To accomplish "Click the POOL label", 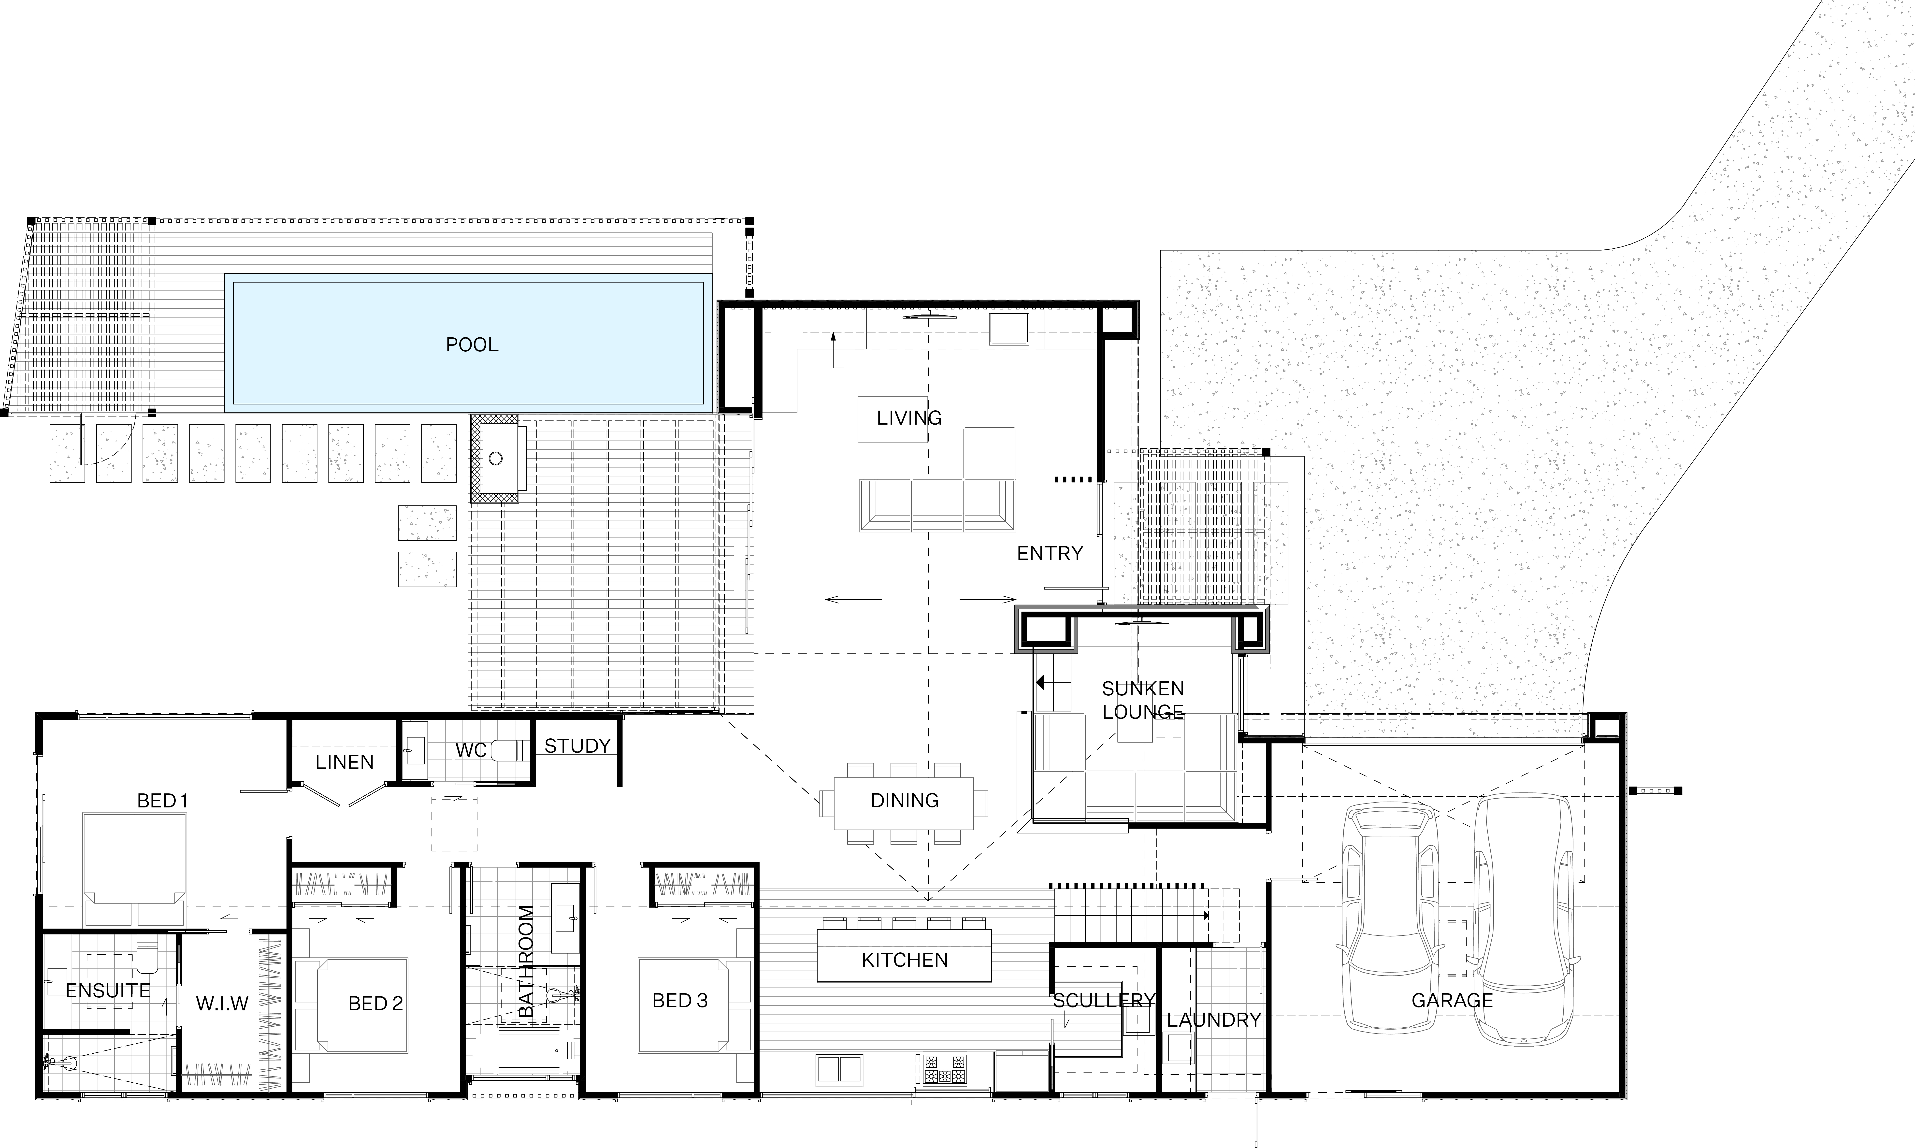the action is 472,344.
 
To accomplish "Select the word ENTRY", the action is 1050,553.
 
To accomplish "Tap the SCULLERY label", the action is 1104,1000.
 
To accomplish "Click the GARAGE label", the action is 1452,1000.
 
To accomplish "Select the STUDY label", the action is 577,746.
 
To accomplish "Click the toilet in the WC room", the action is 510,750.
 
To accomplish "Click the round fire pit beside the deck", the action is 496,459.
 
